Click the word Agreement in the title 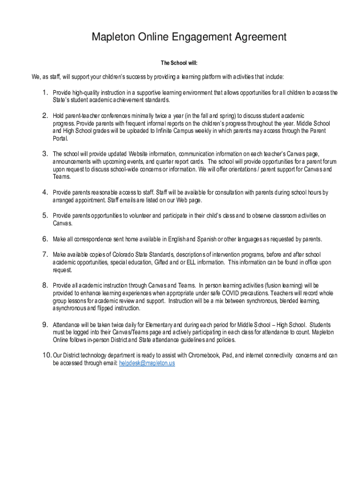coord(254,36)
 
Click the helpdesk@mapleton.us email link coord(147,363)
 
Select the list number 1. coord(45,92)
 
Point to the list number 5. coord(45,215)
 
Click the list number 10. coord(47,355)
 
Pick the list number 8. coord(45,285)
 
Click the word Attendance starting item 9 coord(67,324)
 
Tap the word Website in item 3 coord(140,154)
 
